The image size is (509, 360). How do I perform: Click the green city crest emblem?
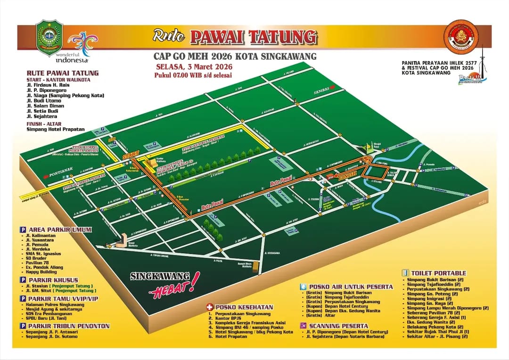coord(49,37)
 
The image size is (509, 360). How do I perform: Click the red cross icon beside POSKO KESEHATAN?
coord(210,307)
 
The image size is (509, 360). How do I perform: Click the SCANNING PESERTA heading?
coord(338,326)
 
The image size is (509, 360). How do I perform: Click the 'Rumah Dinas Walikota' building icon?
coord(256,267)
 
